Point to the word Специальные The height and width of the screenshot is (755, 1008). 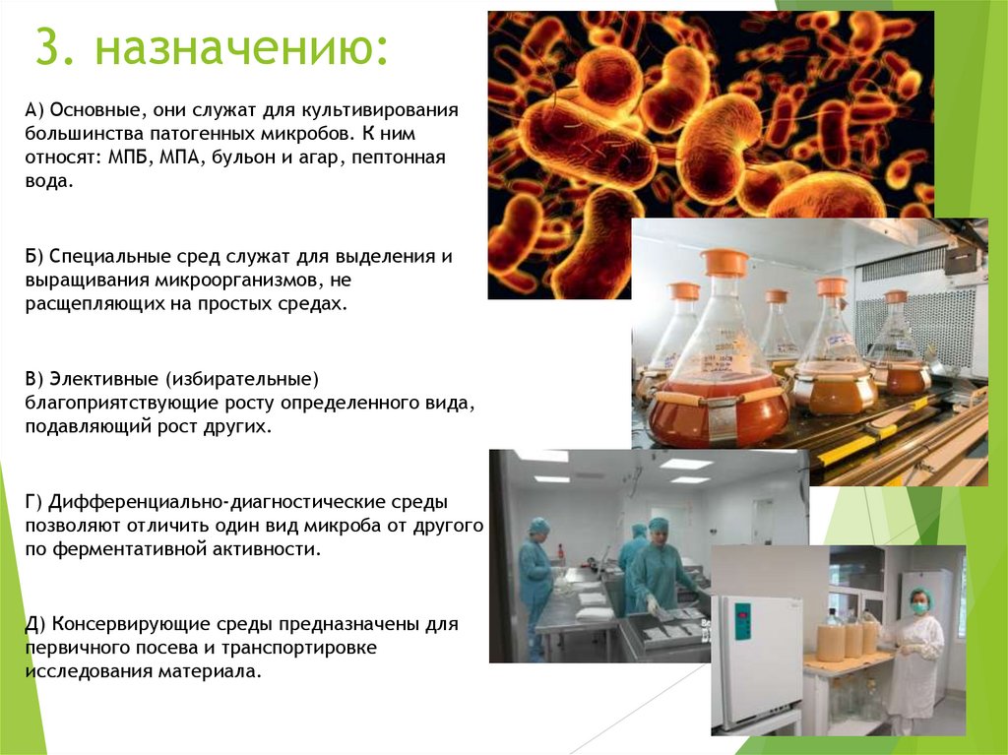pos(104,256)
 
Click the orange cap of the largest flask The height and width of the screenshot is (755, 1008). pos(724,263)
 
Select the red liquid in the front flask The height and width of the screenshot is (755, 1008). pos(719,413)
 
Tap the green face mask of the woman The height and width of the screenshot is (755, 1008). pos(920,607)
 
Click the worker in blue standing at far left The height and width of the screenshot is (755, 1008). pos(535,581)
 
